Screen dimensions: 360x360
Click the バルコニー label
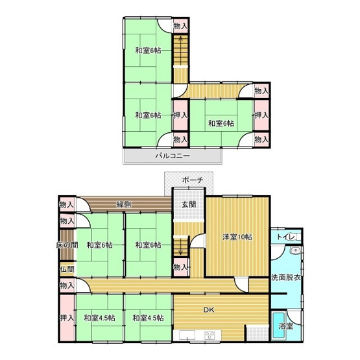[172, 156]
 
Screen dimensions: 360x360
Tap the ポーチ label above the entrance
[193, 180]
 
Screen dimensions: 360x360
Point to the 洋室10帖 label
[238, 237]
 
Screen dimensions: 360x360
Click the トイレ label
[284, 237]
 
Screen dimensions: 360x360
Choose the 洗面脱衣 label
[286, 278]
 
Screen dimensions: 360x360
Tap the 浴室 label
[285, 326]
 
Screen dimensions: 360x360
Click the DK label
[209, 310]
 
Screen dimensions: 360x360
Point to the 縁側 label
[124, 204]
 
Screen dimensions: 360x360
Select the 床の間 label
[67, 245]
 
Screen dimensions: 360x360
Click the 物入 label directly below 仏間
[67, 285]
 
